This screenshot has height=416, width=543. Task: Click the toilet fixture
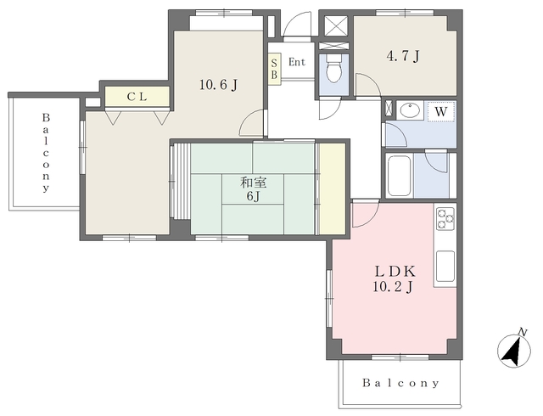click(333, 68)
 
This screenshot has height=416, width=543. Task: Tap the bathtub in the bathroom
click(400, 176)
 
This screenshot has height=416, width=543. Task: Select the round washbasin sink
click(411, 110)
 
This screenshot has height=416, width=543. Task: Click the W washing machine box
click(441, 111)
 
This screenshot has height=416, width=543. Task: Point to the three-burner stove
click(445, 218)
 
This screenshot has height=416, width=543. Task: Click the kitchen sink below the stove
click(445, 266)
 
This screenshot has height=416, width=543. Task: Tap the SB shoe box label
click(274, 69)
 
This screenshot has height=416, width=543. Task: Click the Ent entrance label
click(297, 63)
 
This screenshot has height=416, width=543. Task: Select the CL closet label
click(137, 97)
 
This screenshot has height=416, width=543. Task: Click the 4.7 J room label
click(403, 56)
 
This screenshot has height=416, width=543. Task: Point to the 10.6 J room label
click(219, 84)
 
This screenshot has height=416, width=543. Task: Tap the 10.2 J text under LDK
click(394, 287)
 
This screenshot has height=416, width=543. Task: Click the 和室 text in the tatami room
click(253, 183)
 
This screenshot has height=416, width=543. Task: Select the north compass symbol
click(514, 350)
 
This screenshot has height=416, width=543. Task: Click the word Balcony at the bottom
click(401, 383)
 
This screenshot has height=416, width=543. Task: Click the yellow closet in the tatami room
click(333, 189)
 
